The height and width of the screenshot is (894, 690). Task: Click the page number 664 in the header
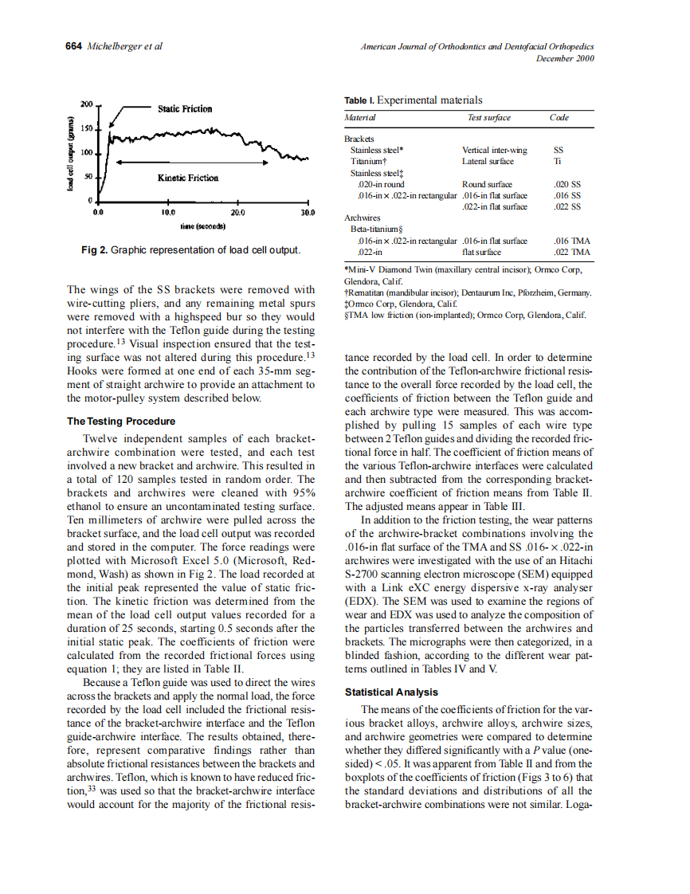[73, 46]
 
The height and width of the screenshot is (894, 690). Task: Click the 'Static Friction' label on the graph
[185, 108]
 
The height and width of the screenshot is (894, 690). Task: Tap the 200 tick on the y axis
[87, 104]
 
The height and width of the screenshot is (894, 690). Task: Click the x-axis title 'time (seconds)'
[203, 226]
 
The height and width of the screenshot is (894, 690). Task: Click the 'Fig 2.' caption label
[94, 250]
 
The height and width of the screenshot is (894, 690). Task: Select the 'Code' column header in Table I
[559, 118]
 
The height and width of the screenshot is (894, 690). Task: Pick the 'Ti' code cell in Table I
[557, 161]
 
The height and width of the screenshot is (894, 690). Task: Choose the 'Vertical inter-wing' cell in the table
[494, 150]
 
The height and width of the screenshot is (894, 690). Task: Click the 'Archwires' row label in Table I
[363, 218]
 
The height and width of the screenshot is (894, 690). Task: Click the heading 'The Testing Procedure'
[121, 422]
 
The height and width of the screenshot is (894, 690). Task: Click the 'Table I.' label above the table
[359, 100]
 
